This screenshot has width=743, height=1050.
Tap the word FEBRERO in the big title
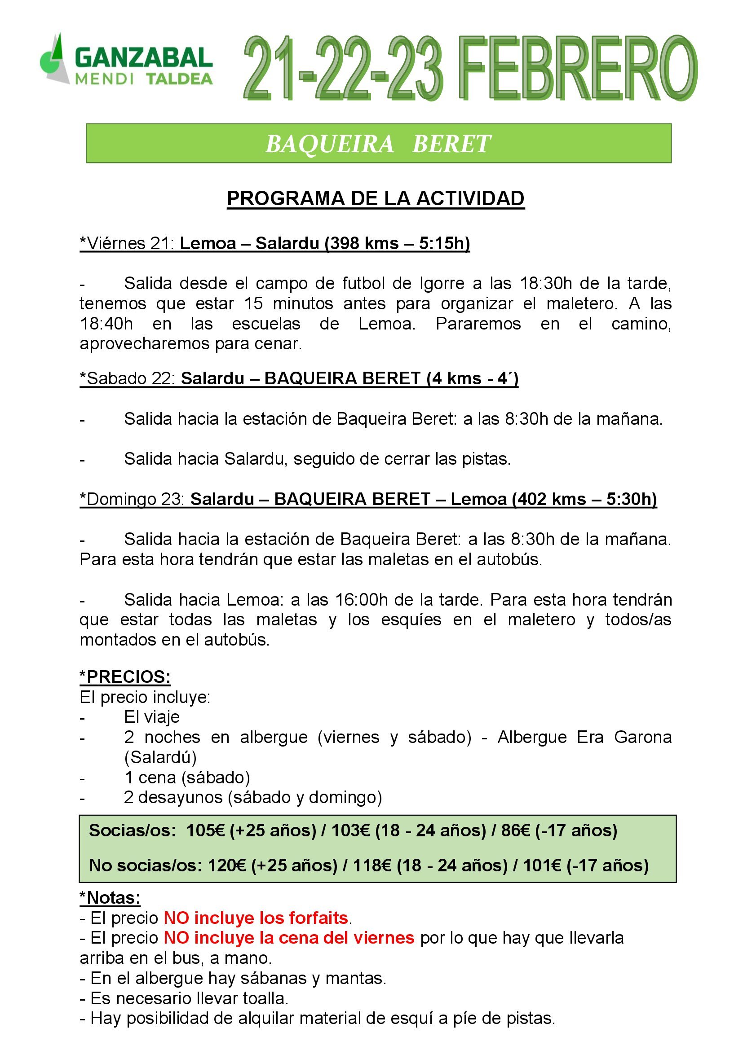(x=577, y=68)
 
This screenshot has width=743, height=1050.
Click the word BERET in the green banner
(x=451, y=144)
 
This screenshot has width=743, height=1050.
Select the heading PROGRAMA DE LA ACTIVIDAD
(x=375, y=198)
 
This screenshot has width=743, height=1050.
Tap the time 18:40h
(x=106, y=324)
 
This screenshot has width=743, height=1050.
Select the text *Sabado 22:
(x=127, y=379)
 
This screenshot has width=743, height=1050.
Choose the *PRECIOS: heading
(x=125, y=677)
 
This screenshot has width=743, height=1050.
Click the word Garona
(x=642, y=737)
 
